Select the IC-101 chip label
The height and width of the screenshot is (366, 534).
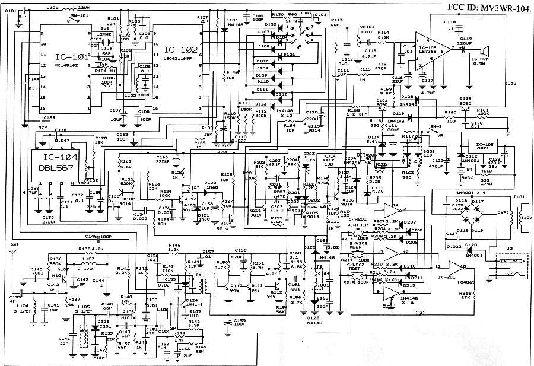point(72,57)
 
